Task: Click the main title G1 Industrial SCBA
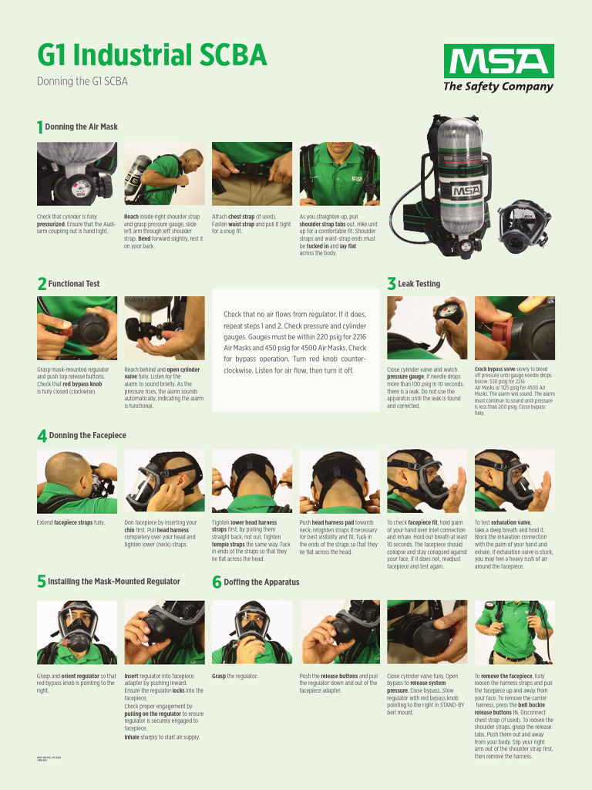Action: coord(152,56)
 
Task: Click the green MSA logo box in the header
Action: coord(498,60)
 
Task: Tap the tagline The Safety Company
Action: coord(498,86)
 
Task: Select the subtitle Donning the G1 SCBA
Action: coord(82,81)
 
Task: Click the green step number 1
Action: coord(40,127)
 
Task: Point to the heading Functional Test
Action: coord(74,284)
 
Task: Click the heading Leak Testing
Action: coord(419,284)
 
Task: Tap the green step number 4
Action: coord(42,437)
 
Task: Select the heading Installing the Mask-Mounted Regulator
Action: coord(114,582)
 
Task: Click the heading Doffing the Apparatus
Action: coord(261,582)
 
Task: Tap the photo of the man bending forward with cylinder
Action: coord(164,174)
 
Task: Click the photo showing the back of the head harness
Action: coord(251,481)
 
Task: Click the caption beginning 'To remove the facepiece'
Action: coord(513,716)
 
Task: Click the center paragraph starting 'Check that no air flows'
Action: coord(294,343)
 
